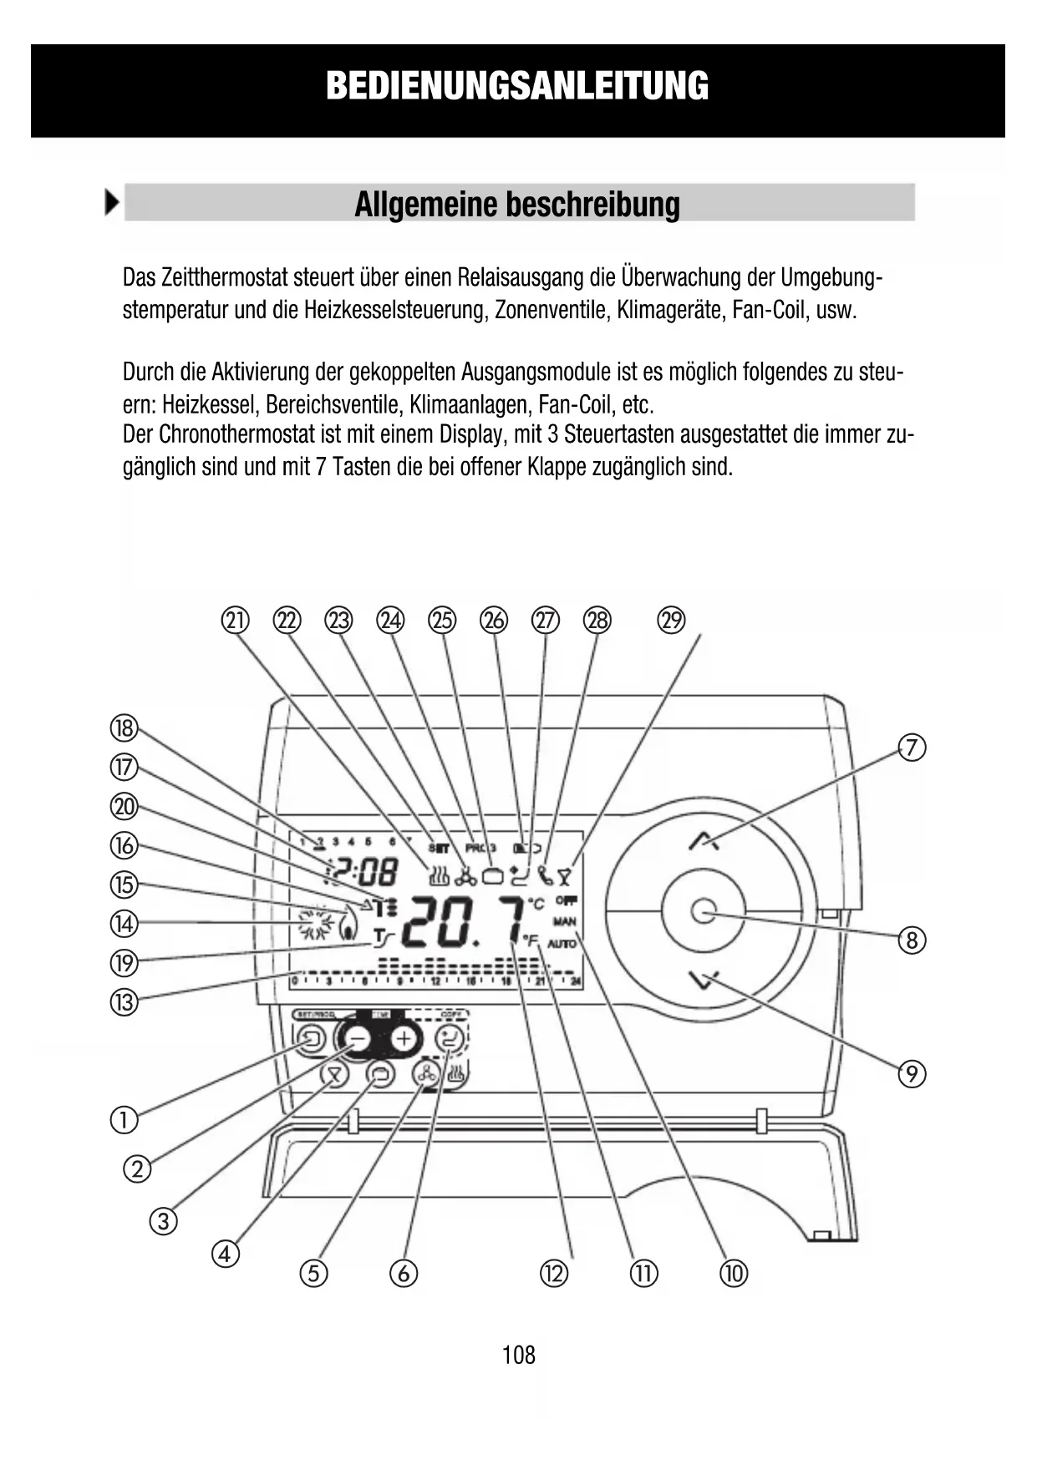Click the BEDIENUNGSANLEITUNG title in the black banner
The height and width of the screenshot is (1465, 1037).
click(517, 86)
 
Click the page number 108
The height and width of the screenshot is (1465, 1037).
click(518, 1354)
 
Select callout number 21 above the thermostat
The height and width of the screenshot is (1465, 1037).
click(236, 621)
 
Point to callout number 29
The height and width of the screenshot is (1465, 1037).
click(671, 621)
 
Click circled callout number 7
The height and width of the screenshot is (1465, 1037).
click(912, 747)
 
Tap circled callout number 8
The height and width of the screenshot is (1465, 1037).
click(912, 941)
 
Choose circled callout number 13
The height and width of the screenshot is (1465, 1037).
click(124, 1001)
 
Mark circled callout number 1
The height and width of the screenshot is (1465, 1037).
click(124, 1119)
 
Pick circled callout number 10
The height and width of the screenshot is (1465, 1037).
click(734, 1273)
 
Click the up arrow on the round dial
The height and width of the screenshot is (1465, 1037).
click(704, 840)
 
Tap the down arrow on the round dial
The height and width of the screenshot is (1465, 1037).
click(704, 979)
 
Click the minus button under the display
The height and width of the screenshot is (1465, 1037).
click(357, 1039)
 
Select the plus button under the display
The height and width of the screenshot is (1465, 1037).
click(404, 1039)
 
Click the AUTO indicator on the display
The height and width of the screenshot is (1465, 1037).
click(563, 944)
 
